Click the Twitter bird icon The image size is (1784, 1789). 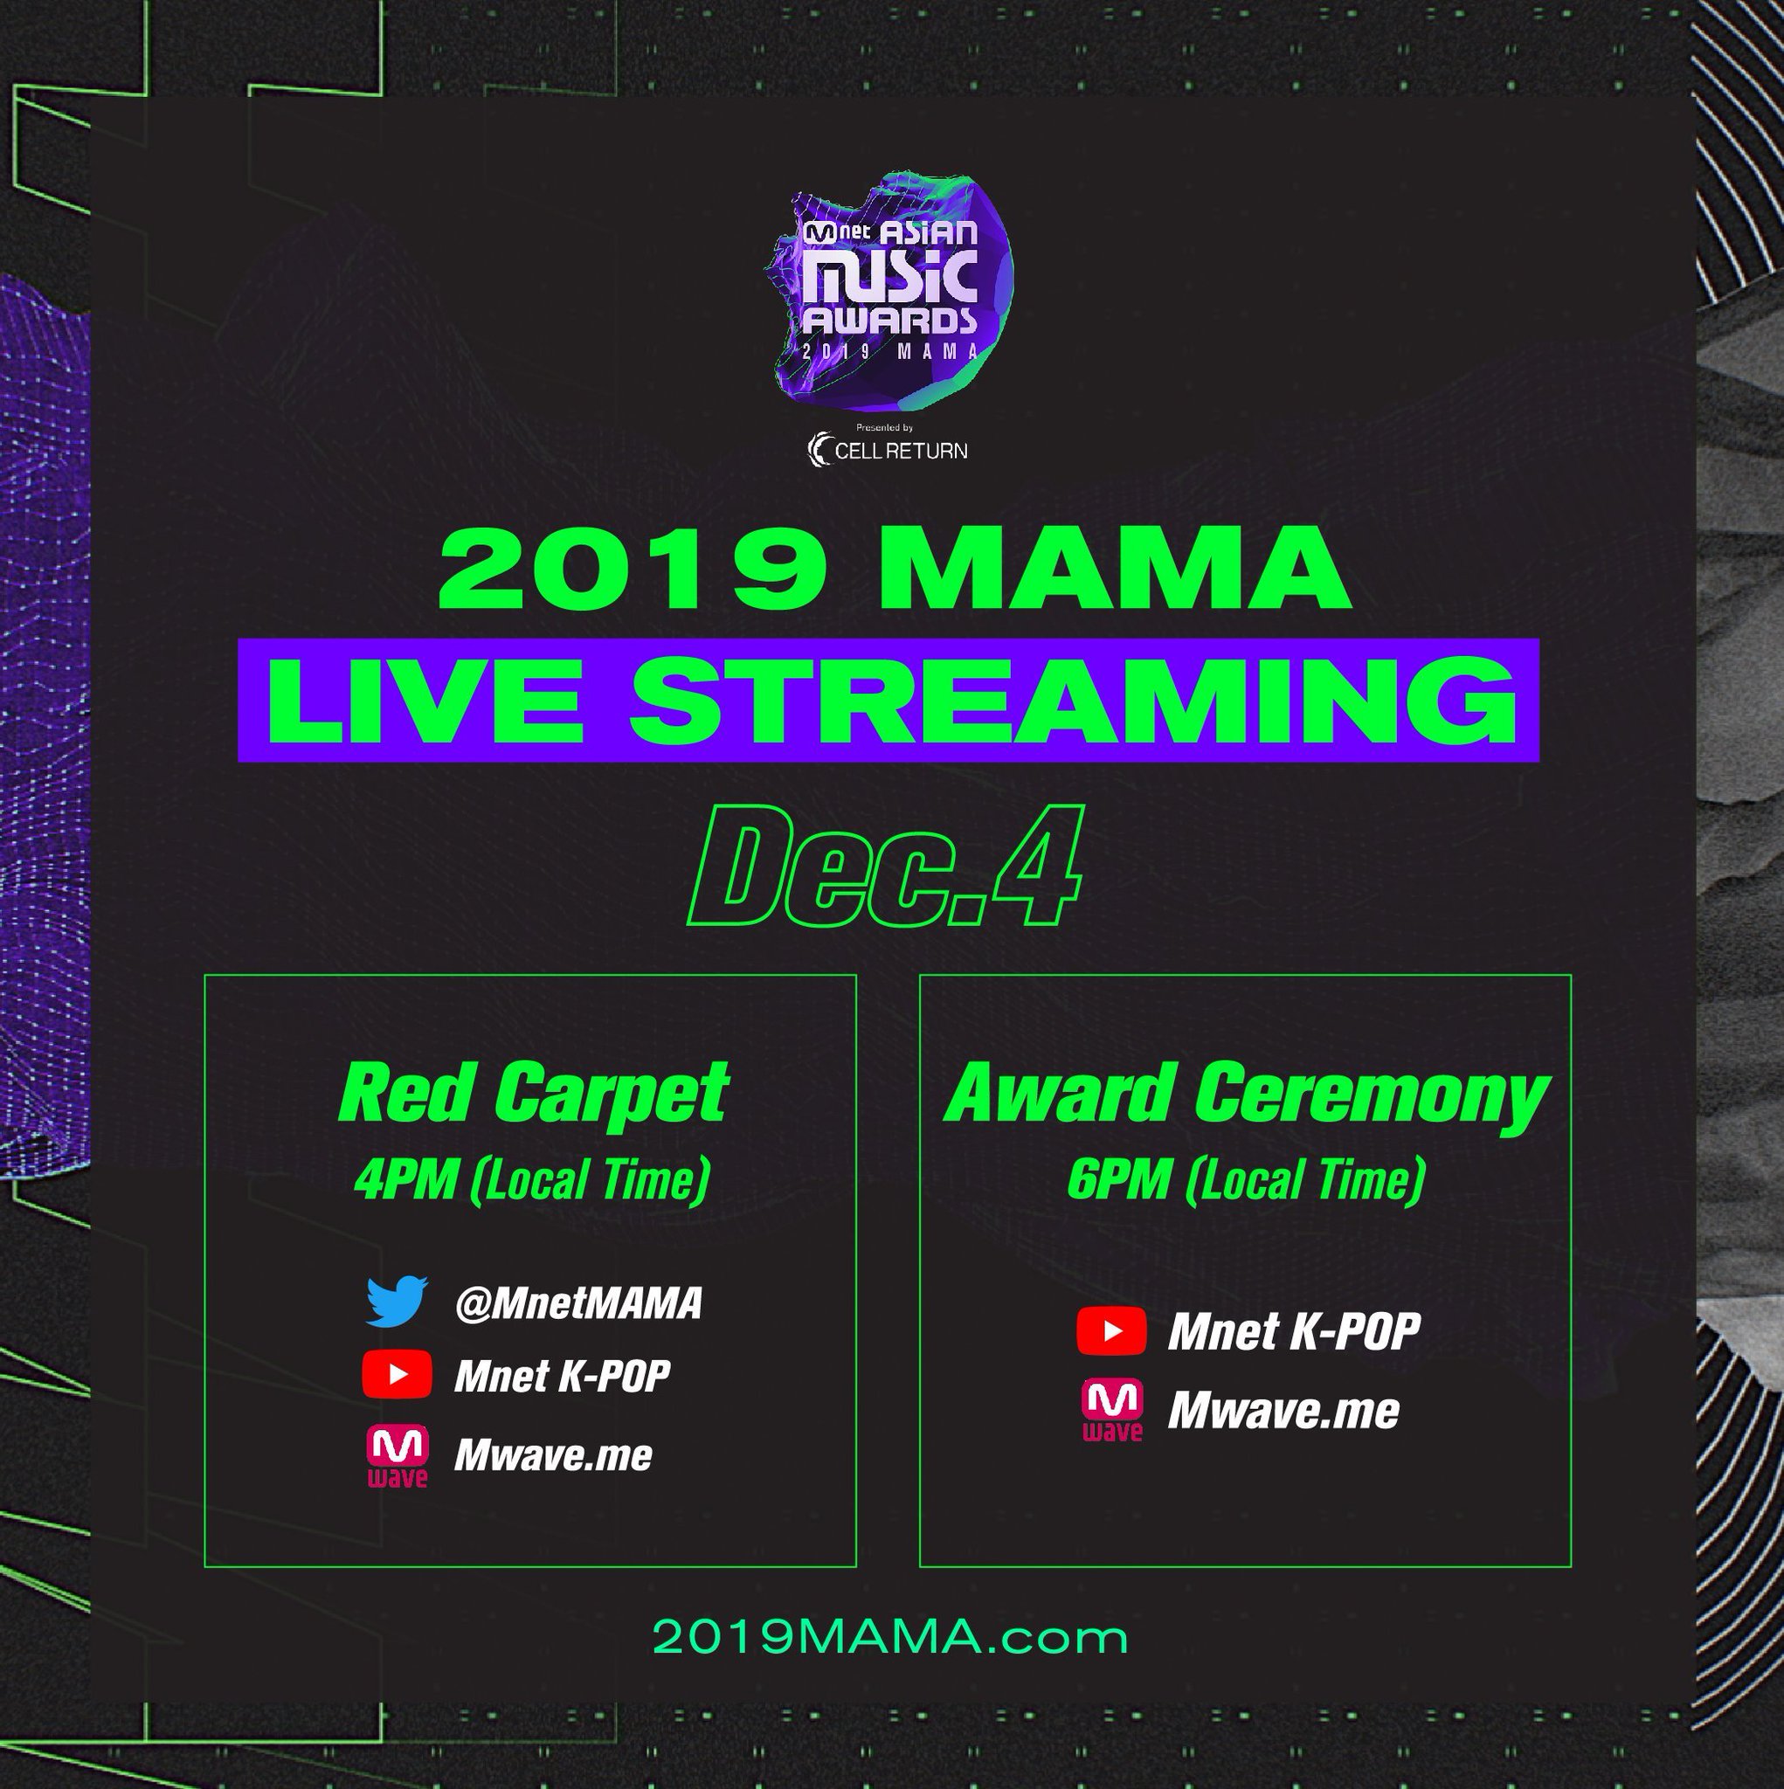pyautogui.click(x=397, y=1301)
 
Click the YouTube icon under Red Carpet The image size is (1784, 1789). pyautogui.click(x=397, y=1374)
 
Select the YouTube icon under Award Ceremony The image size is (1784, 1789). pyautogui.click(x=1111, y=1331)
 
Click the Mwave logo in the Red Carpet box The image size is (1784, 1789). pyautogui.click(x=398, y=1456)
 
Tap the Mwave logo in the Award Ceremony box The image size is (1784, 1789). pyautogui.click(x=1112, y=1410)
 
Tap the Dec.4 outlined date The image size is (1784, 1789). pyautogui.click(x=885, y=867)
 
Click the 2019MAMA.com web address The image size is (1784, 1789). pyautogui.click(x=890, y=1637)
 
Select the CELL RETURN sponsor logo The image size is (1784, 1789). pyautogui.click(x=888, y=450)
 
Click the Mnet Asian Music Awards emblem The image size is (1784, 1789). pyautogui.click(x=890, y=292)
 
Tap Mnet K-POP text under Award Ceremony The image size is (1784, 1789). pyautogui.click(x=1294, y=1331)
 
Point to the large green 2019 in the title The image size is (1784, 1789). pyautogui.click(x=633, y=567)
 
